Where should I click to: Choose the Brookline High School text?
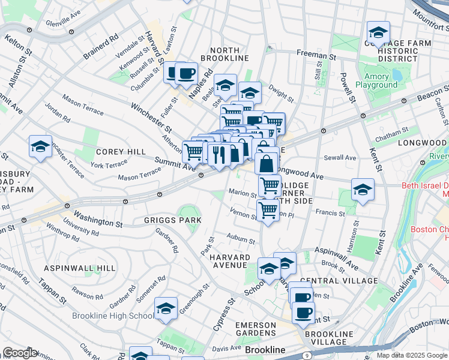113,316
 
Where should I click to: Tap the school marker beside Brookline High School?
166,308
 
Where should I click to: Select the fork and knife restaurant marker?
219,154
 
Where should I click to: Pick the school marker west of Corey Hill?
40,146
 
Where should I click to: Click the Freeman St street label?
316,55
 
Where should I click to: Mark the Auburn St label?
241,238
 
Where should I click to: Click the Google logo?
20,353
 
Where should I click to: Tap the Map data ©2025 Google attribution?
411,355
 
